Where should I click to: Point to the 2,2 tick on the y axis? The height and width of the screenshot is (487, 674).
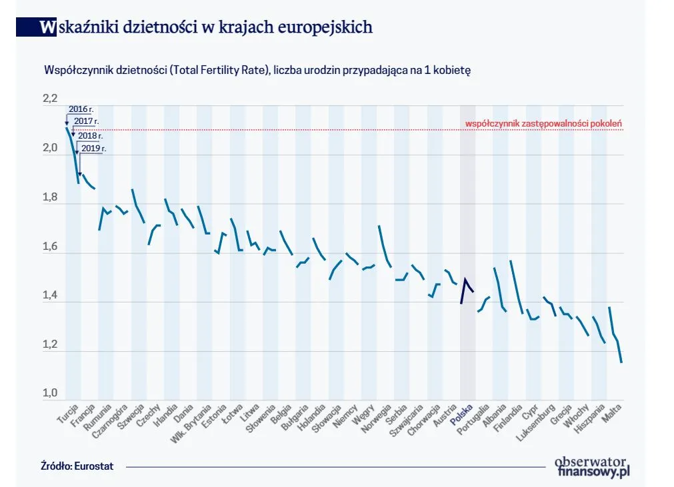point(50,99)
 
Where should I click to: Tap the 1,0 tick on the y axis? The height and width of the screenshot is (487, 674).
point(50,394)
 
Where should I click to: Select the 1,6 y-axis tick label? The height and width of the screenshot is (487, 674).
point(50,246)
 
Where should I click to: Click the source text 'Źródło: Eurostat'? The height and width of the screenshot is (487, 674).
point(77,466)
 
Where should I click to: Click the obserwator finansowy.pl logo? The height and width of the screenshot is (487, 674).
point(592,466)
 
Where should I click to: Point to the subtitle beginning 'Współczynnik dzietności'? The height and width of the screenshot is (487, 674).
point(257,69)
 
